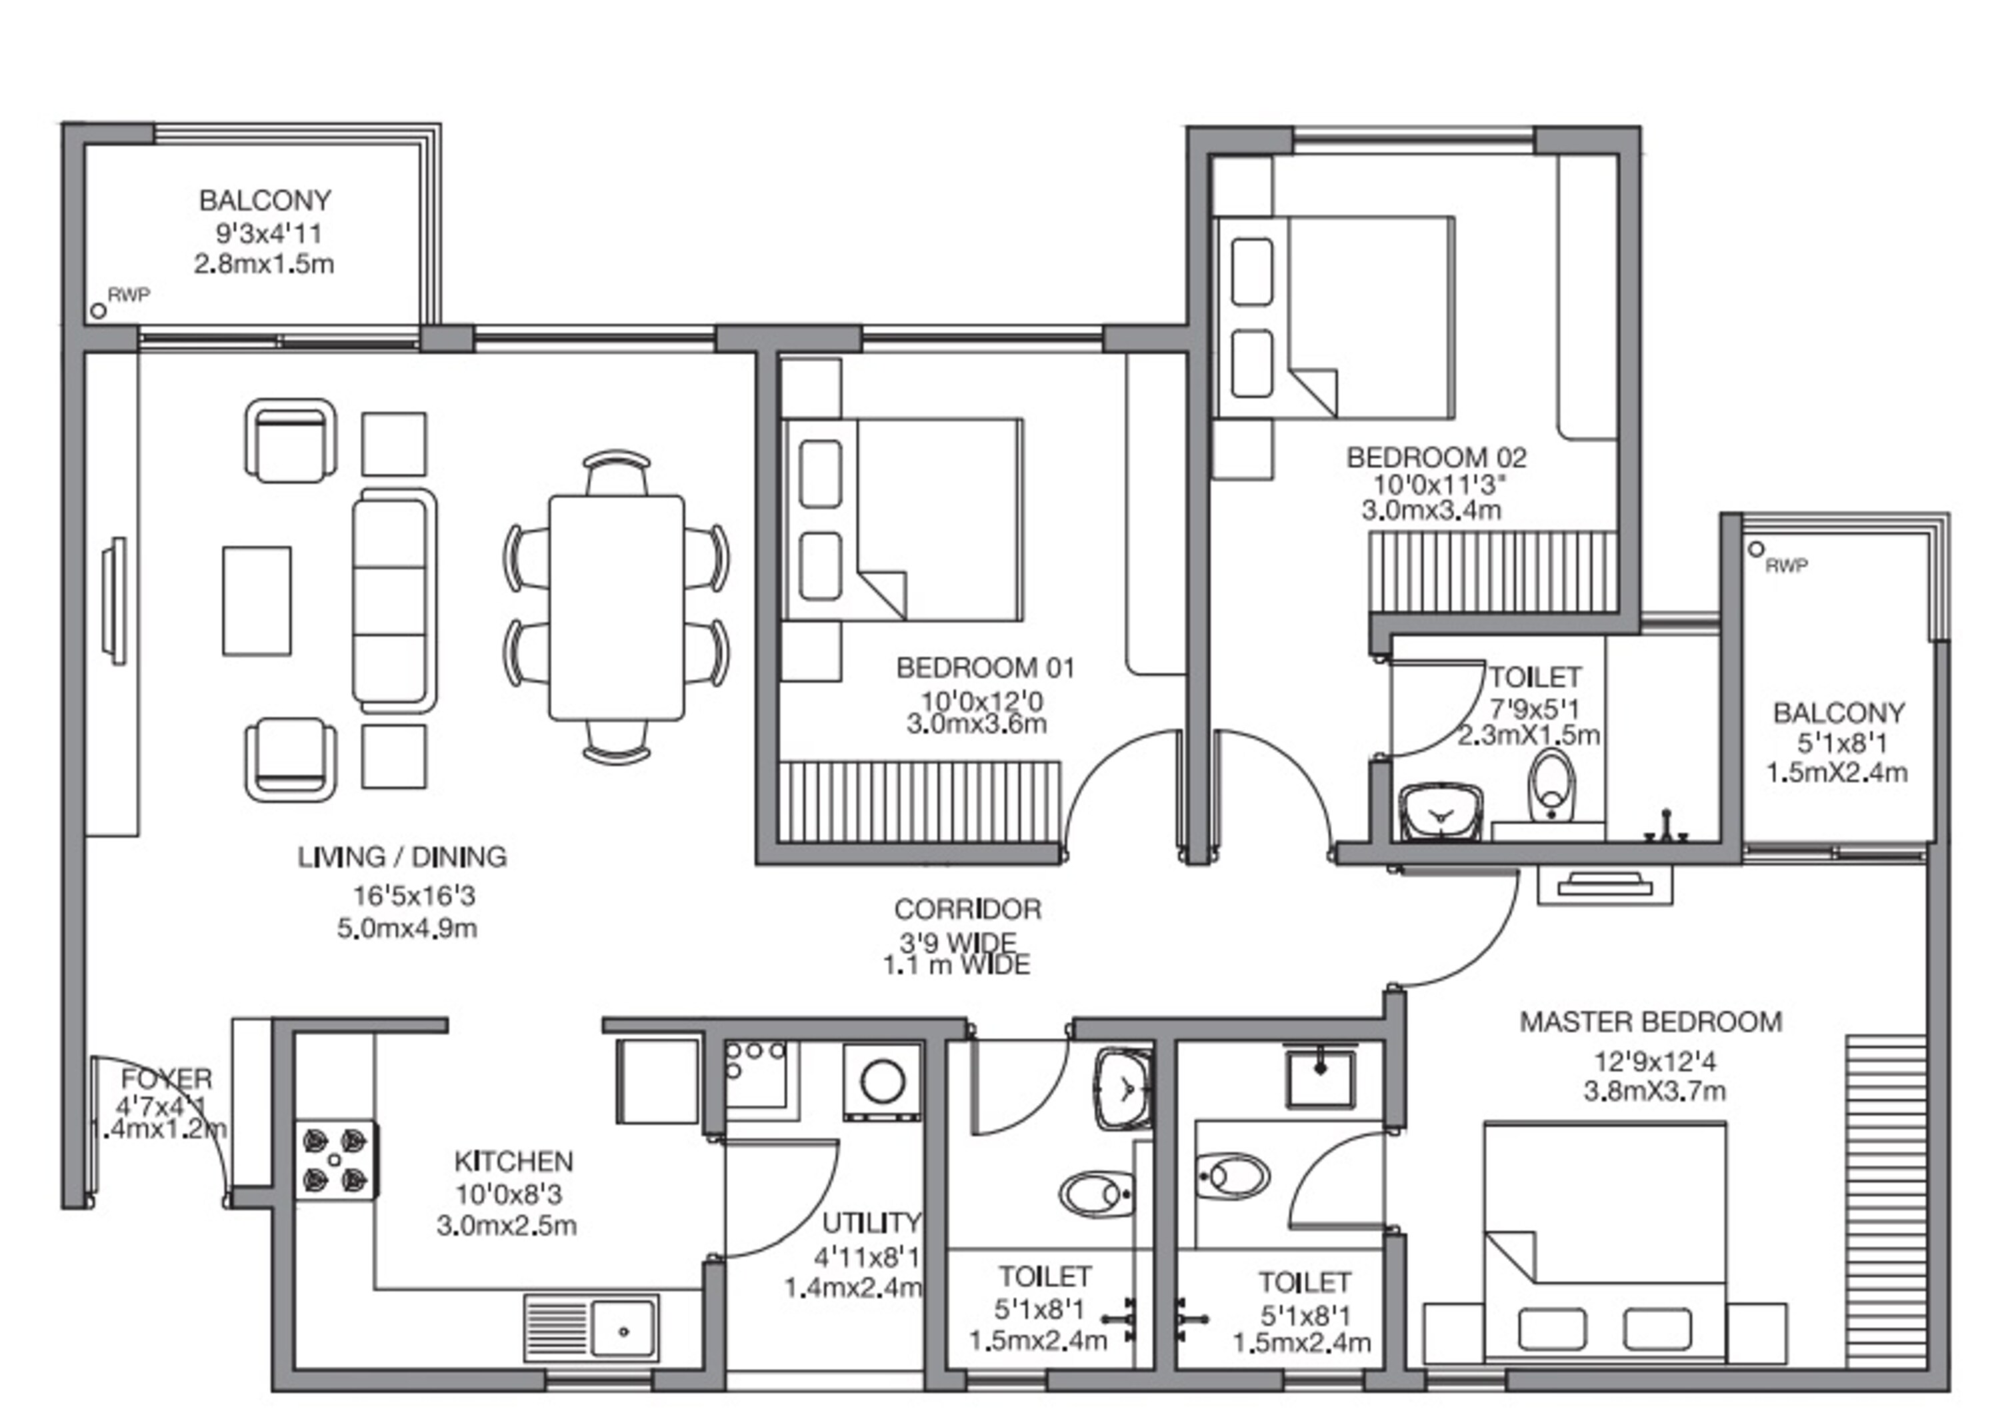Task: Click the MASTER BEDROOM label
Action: pos(1649,1022)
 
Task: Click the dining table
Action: pos(616,607)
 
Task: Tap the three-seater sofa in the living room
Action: pos(395,601)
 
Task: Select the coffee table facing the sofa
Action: pos(256,601)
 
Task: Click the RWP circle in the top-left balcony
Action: pos(98,310)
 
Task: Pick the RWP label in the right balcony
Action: pos(1785,566)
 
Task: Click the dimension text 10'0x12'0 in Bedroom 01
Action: pos(981,701)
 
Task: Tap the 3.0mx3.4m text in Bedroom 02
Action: pos(1430,510)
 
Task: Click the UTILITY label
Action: pos(871,1222)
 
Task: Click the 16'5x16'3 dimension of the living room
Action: pos(414,896)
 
